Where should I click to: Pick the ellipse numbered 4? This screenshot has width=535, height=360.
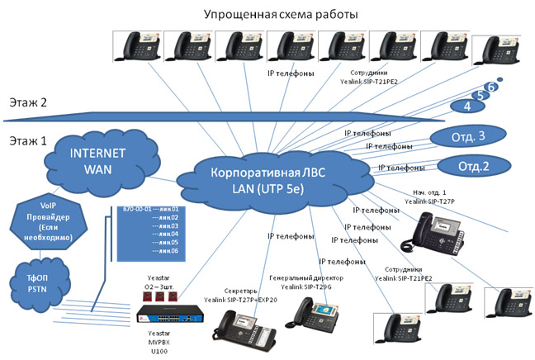click(x=467, y=107)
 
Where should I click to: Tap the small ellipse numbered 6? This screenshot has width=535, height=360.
click(x=492, y=86)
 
